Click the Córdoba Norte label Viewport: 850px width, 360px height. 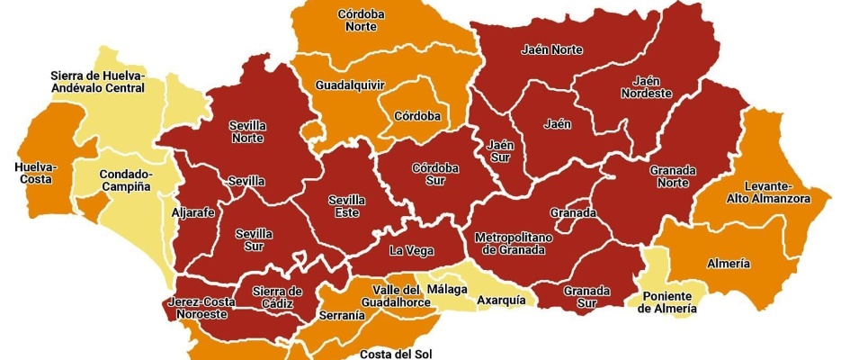pyautogui.click(x=362, y=21)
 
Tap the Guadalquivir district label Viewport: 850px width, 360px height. pyautogui.click(x=350, y=85)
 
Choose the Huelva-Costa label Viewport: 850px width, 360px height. pyautogui.click(x=35, y=173)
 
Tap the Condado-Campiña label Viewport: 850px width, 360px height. pyautogui.click(x=125, y=180)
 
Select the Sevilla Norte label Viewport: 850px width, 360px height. pyautogui.click(x=253, y=132)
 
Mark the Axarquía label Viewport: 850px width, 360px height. pyautogui.click(x=501, y=300)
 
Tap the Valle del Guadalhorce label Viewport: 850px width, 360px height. pyautogui.click(x=396, y=295)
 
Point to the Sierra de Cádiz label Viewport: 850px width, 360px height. pyautogui.click(x=277, y=296)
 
